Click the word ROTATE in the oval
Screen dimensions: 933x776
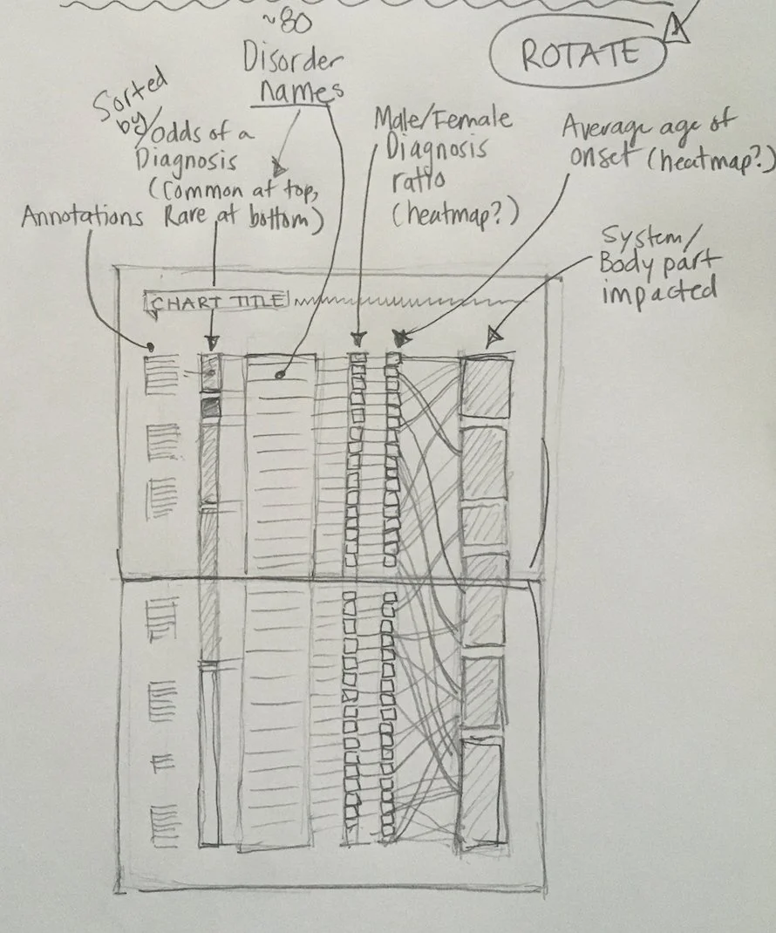[x=578, y=55]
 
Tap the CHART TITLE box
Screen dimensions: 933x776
[x=217, y=303]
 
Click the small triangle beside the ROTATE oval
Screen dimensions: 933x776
[x=677, y=32]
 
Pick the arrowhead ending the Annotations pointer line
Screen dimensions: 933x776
[x=150, y=348]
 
